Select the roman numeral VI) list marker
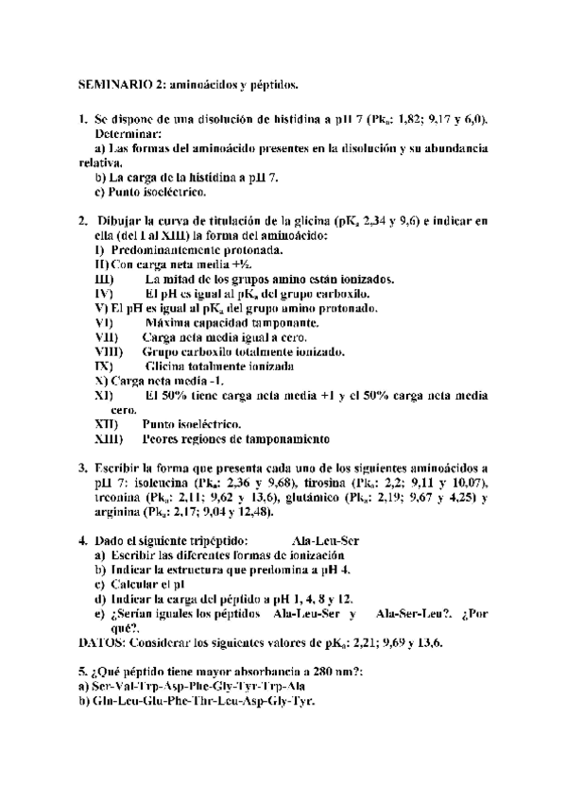[105, 323]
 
